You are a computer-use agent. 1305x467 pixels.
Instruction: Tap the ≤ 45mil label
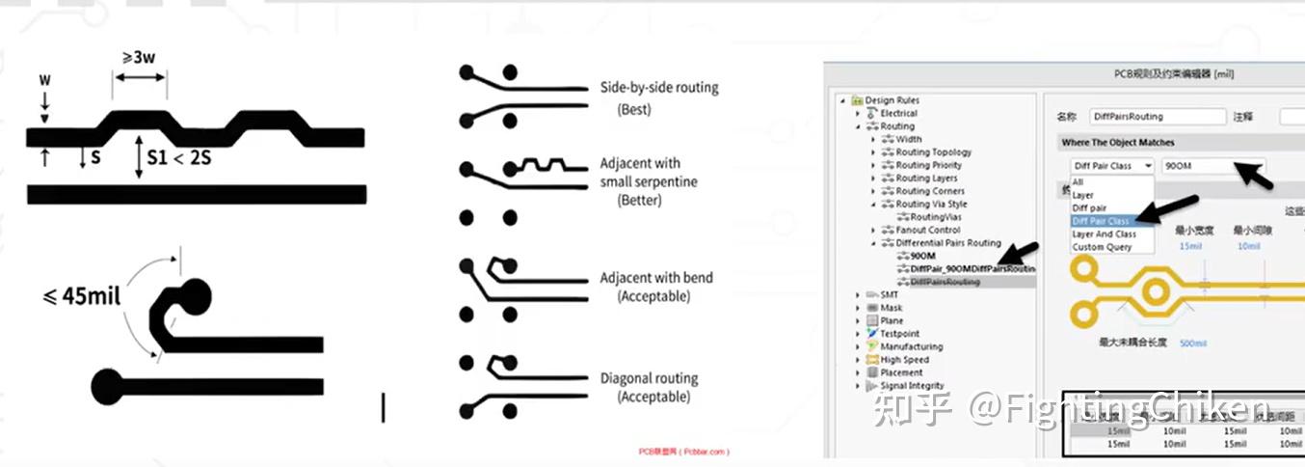tap(83, 296)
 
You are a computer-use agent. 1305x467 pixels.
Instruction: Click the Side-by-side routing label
tap(659, 88)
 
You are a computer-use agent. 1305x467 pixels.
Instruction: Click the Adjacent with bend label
tap(656, 278)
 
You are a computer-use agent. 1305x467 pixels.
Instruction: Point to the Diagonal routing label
tap(649, 378)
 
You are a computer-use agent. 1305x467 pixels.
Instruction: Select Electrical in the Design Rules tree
tap(898, 114)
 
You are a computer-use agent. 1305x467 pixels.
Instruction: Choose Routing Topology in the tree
tap(933, 152)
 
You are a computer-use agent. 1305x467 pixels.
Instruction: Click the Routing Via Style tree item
tap(931, 205)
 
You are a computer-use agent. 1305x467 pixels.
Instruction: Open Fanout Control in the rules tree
tap(927, 231)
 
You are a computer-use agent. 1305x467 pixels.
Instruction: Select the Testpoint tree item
tap(900, 334)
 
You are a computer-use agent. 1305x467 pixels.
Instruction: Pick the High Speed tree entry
tap(904, 360)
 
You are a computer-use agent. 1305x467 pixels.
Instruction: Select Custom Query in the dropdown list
tap(1102, 247)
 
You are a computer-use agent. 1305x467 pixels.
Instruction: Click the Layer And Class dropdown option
tap(1104, 234)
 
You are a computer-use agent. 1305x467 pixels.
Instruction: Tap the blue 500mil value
tap(1193, 343)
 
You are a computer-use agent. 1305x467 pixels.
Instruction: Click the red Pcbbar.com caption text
tap(683, 452)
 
